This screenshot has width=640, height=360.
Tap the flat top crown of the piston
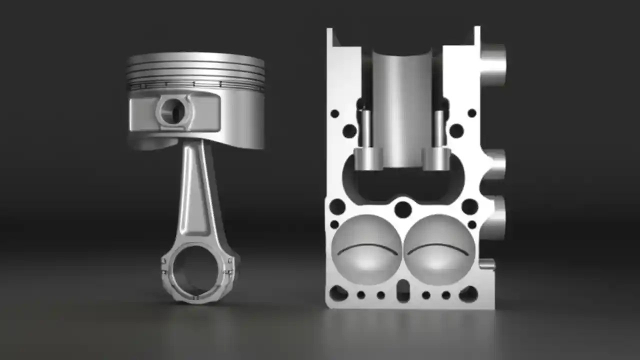(195, 58)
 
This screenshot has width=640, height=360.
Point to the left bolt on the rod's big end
(164, 267)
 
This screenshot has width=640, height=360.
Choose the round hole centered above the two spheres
(403, 209)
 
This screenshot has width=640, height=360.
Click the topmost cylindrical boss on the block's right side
(493, 64)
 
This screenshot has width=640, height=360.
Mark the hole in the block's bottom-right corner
(468, 294)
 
